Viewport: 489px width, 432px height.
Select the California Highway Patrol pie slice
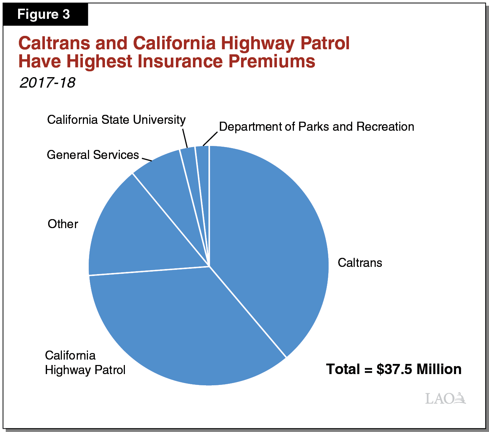click(181, 326)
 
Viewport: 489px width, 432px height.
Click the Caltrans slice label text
click(359, 263)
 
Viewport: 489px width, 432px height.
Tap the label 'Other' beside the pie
click(63, 224)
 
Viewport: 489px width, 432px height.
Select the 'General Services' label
click(93, 155)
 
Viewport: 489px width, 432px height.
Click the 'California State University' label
click(116, 120)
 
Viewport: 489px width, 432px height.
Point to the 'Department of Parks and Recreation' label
click(316, 127)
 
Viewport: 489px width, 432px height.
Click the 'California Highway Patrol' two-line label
click(85, 363)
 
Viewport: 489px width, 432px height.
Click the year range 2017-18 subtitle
click(47, 83)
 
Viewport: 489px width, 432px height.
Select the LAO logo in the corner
click(445, 398)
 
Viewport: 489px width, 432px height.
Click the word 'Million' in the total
click(439, 369)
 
